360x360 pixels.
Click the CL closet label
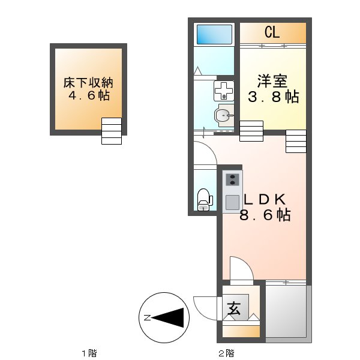pyautogui.click(x=271, y=32)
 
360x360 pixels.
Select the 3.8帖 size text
pyautogui.click(x=273, y=97)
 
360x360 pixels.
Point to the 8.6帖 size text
pyautogui.click(x=265, y=215)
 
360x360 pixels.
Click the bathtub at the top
pyautogui.click(x=214, y=34)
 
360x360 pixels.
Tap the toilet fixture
pyautogui.click(x=204, y=199)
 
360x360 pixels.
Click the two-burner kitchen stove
pyautogui.click(x=232, y=179)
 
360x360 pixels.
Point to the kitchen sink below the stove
pyautogui.click(x=232, y=200)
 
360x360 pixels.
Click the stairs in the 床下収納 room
pyautogui.click(x=112, y=131)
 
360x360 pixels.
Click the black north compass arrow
pyautogui.click(x=169, y=317)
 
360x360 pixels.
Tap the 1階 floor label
pyautogui.click(x=89, y=353)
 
